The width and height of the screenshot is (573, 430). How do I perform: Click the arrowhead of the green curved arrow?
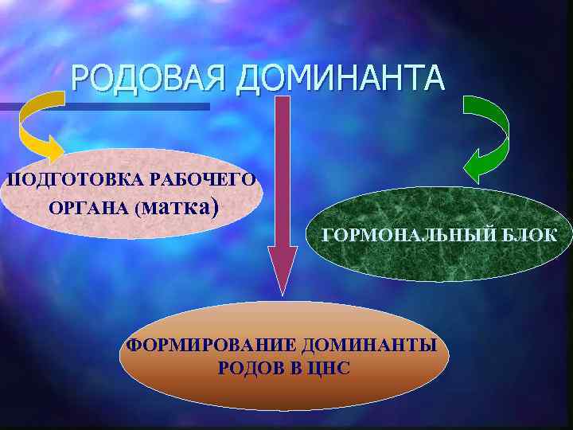point(476,166)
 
